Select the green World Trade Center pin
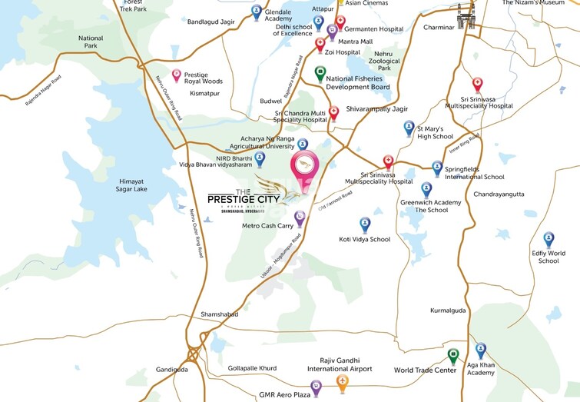coord(453,355)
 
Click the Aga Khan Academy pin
coord(481,350)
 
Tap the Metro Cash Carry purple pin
coord(300,218)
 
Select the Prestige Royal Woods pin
coord(177,75)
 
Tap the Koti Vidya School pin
coord(365,224)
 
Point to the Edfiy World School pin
coord(549,240)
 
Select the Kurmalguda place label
coord(449,311)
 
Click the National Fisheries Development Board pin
coord(321,73)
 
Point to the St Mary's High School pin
coord(409,127)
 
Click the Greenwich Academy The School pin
coord(426,189)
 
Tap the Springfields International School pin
coord(437,167)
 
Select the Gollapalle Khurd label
coord(252,368)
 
